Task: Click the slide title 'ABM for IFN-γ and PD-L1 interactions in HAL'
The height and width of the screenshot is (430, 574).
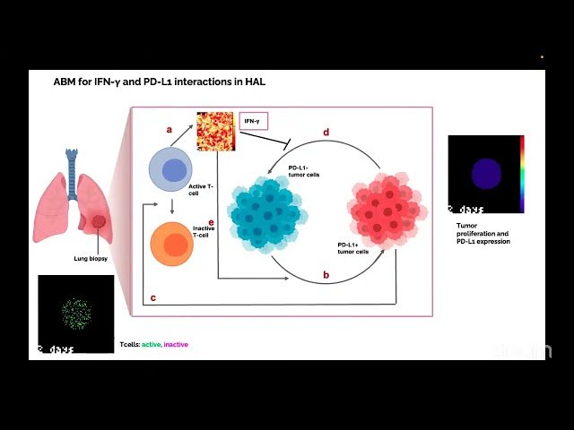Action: click(x=159, y=82)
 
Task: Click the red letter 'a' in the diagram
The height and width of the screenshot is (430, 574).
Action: click(x=169, y=129)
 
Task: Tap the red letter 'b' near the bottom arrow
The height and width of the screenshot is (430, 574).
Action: click(x=326, y=274)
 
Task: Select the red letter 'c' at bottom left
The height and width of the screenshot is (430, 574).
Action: click(x=153, y=297)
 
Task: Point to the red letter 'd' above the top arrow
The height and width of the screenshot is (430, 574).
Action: click(x=326, y=133)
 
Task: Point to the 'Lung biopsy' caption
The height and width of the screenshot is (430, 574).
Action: click(x=91, y=259)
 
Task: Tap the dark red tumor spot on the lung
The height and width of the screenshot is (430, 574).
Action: click(x=98, y=220)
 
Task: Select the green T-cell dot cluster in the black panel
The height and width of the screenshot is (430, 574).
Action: click(x=76, y=312)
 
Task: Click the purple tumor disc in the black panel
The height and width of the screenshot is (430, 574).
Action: click(x=485, y=172)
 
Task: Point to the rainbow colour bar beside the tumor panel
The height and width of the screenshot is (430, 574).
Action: click(x=522, y=174)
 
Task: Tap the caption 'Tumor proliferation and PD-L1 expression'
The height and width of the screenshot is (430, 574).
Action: click(x=483, y=234)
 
